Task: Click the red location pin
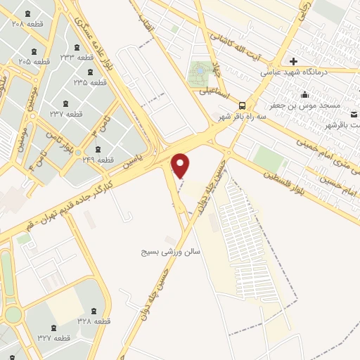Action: point(181,166)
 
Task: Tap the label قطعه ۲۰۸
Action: point(28,24)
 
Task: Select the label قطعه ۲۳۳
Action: point(77,56)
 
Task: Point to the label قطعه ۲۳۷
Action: point(66,113)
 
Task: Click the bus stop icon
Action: point(242,103)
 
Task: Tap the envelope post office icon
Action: point(354,114)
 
